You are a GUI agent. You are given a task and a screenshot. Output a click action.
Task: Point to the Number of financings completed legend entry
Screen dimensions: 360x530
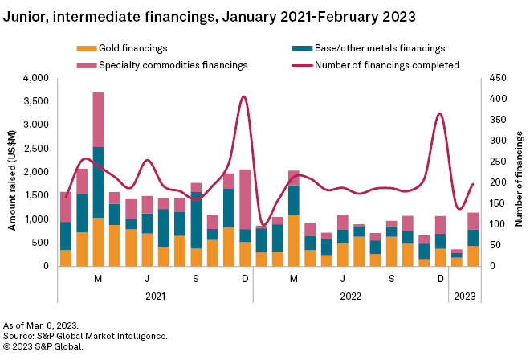point(386,64)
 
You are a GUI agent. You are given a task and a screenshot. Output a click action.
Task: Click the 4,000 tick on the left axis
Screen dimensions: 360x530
point(39,78)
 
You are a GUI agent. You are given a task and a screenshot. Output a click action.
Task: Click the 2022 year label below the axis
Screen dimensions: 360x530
point(350,295)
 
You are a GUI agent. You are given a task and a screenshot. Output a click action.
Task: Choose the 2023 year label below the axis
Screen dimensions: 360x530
point(463,295)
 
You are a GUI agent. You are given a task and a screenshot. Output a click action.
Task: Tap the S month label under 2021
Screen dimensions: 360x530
point(195,277)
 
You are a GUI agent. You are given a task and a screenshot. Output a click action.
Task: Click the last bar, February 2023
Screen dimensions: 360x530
point(473,239)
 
